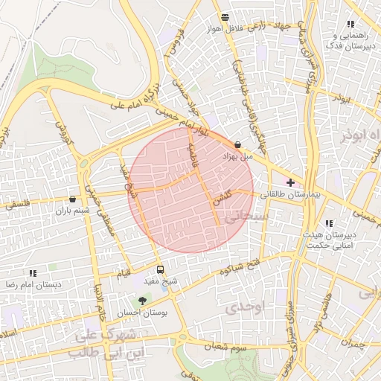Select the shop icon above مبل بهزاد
coord(237,145)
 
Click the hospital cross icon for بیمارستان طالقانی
coord(290,182)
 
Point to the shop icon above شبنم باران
coord(72,199)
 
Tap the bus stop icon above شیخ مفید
coord(160,269)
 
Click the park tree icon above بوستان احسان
coord(140,301)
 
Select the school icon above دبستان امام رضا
coord(32,274)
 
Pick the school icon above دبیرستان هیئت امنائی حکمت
coord(329,223)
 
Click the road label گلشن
coord(222,198)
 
